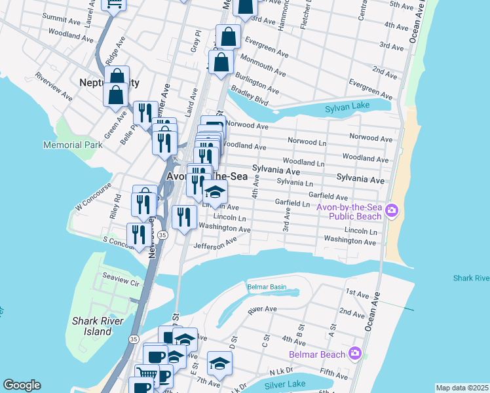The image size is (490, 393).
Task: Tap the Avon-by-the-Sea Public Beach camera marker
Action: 392,210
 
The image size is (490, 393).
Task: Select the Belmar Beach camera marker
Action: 355,353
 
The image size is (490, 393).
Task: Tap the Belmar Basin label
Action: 267,287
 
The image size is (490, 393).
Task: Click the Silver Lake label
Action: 288,383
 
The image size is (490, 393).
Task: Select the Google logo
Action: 22,385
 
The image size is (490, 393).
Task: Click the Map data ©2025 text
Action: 462,388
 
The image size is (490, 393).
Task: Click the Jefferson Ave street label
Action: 215,244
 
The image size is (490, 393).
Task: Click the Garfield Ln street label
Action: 292,203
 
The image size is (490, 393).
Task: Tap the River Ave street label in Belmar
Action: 263,309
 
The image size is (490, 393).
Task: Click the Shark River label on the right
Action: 471,278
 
